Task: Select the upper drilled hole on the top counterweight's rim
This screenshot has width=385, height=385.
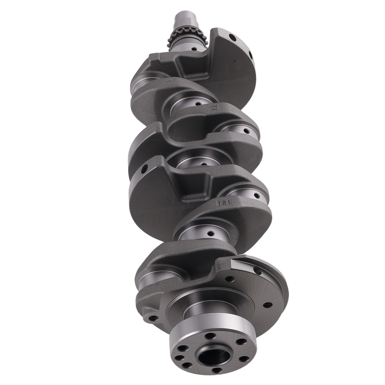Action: pyautogui.click(x=233, y=37)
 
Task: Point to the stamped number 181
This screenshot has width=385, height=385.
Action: pyautogui.click(x=224, y=202)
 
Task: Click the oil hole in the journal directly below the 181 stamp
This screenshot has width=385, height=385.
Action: pyautogui.click(x=210, y=233)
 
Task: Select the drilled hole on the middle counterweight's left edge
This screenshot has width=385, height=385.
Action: pyautogui.click(x=144, y=169)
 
